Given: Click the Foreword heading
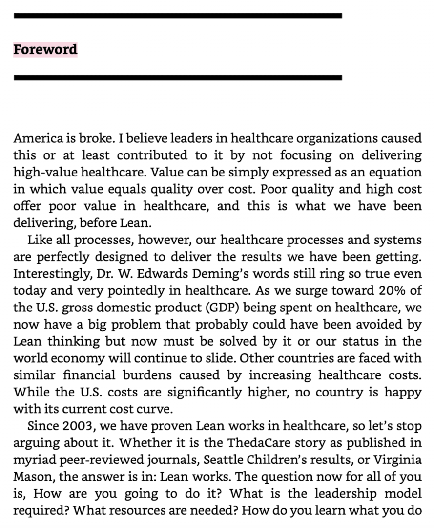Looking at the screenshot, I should click(x=45, y=49).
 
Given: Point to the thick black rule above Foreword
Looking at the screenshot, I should click(x=178, y=16).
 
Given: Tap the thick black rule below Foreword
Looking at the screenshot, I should click(x=178, y=77).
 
